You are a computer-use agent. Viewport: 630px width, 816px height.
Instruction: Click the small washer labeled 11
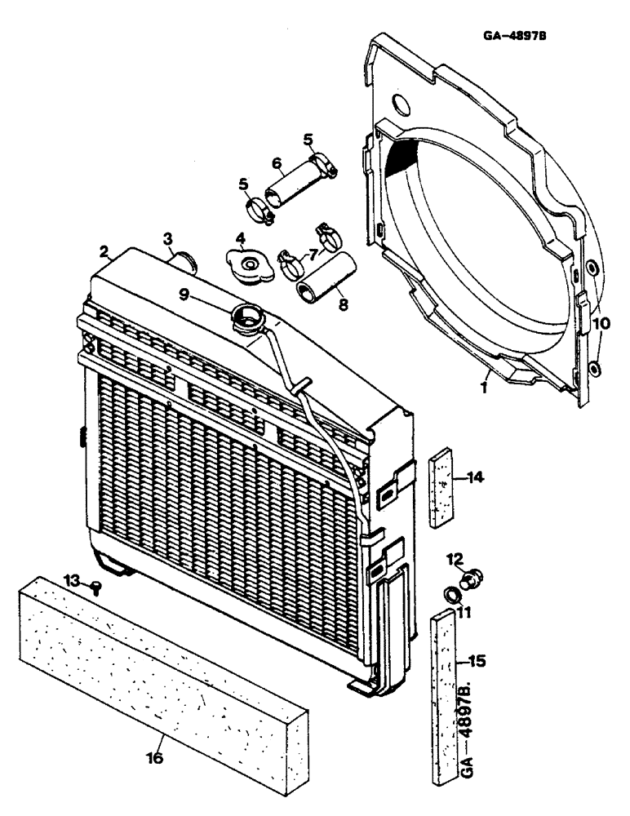tap(450, 592)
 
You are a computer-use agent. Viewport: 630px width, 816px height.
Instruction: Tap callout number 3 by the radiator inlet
tap(167, 238)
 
